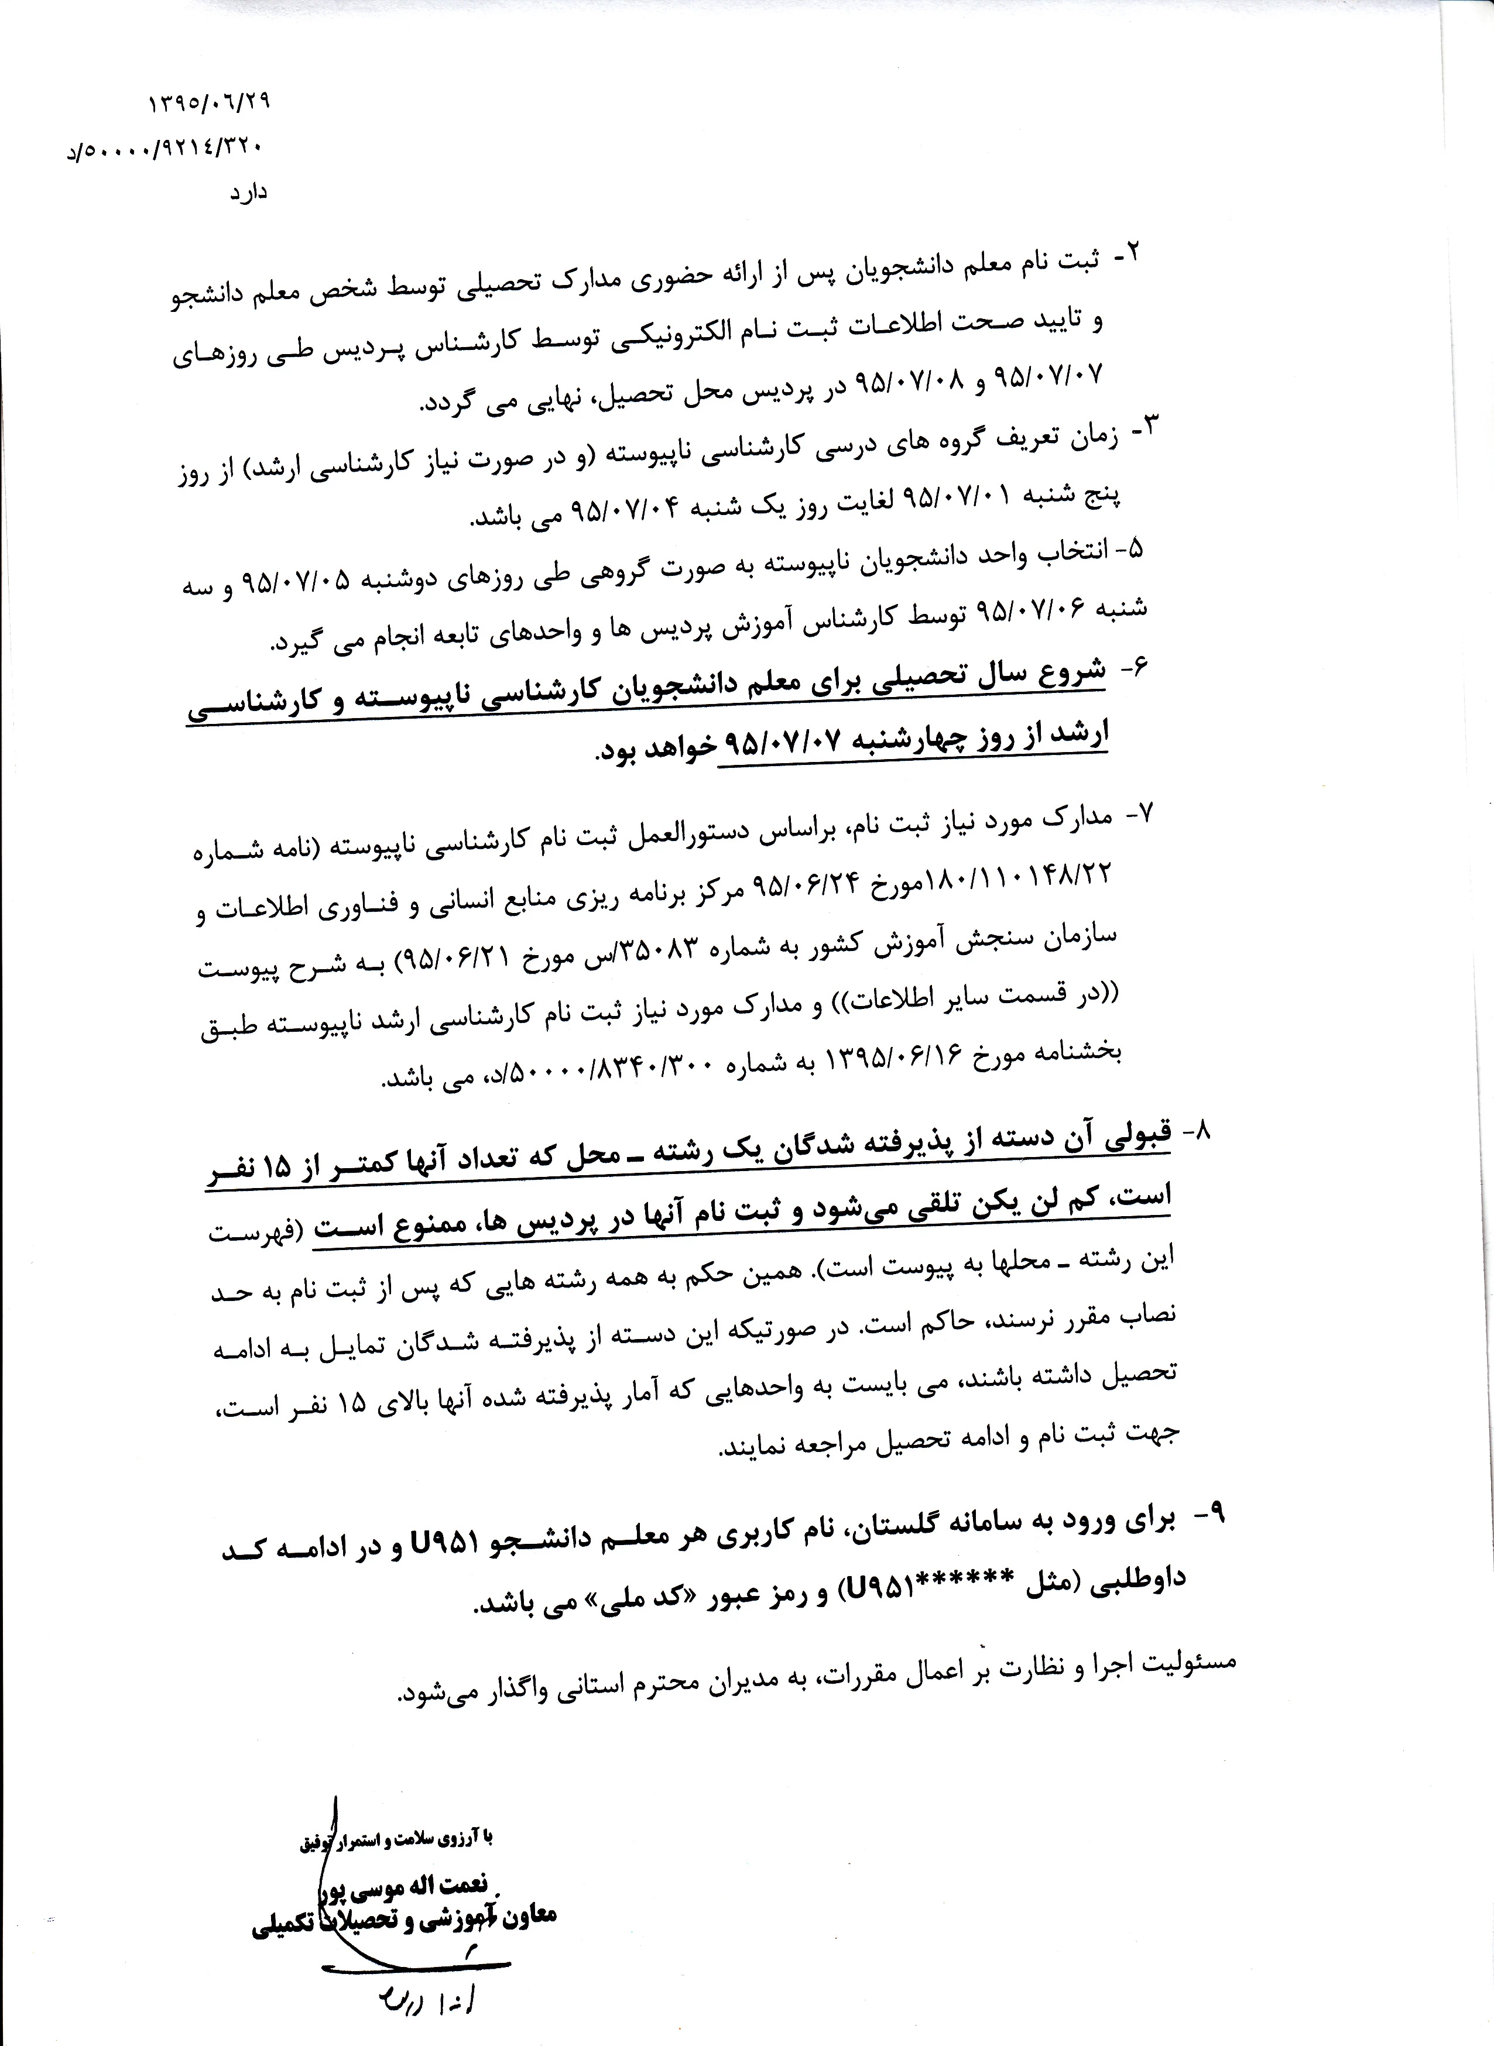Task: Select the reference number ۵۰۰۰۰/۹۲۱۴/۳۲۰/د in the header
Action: (167, 148)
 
